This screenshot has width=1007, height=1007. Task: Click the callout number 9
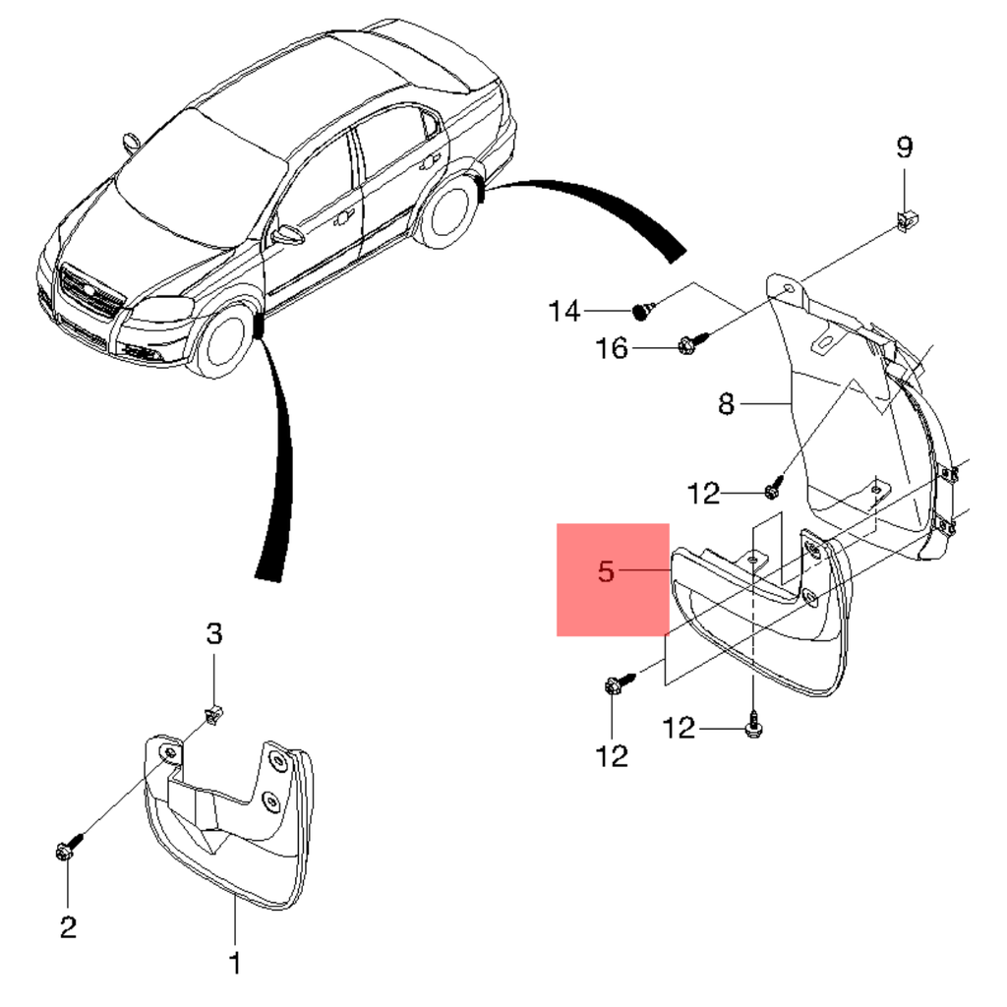point(904,148)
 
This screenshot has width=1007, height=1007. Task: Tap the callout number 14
point(564,313)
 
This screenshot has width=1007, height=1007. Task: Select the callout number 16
point(612,348)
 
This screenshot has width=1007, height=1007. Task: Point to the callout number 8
point(726,403)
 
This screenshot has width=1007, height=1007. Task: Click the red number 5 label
point(607,570)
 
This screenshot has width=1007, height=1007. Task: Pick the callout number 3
point(214,634)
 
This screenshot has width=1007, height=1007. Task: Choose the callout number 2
point(67,926)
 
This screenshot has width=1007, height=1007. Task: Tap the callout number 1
point(234,962)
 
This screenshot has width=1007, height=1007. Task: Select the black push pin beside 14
point(643,312)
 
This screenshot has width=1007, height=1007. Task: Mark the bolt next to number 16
point(688,344)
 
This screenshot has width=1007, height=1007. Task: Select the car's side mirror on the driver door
point(289,235)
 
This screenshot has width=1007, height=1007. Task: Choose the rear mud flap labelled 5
point(777,629)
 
